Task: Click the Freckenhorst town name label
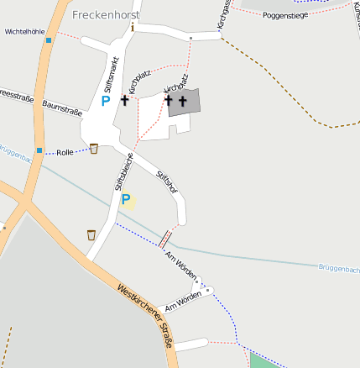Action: click(106, 15)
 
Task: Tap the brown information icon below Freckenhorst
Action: click(132, 28)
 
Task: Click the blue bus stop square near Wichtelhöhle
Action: click(50, 39)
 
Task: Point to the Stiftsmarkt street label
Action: click(110, 75)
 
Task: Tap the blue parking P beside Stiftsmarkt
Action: click(105, 101)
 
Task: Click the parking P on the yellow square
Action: click(127, 200)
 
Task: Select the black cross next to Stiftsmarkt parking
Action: click(125, 100)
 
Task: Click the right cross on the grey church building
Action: click(182, 101)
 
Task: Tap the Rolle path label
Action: click(65, 153)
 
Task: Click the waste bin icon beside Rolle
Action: click(93, 149)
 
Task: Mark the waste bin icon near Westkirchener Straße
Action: click(91, 234)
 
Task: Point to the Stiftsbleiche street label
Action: click(123, 172)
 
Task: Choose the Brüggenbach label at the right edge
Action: click(339, 269)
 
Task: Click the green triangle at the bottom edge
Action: click(262, 361)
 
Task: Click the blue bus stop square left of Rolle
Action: click(39, 151)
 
